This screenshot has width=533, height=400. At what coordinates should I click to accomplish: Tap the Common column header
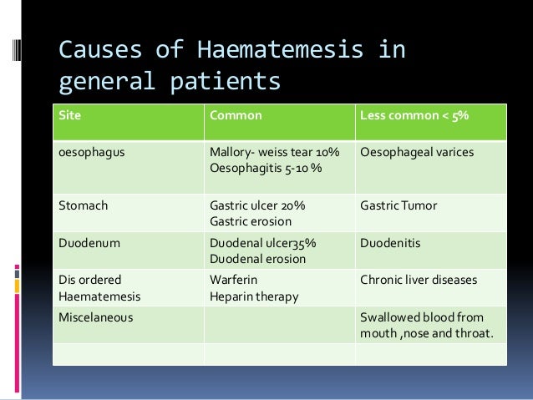tap(236, 114)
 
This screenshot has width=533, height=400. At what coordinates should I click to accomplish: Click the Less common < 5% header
tap(414, 114)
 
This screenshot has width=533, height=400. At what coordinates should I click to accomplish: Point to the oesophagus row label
tap(89, 153)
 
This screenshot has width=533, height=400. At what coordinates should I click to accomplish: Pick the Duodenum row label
tap(87, 243)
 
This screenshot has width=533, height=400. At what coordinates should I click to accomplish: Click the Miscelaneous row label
tap(95, 317)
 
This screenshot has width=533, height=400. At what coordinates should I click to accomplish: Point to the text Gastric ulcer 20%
tap(256, 205)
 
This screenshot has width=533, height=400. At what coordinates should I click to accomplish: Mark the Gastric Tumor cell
tap(397, 205)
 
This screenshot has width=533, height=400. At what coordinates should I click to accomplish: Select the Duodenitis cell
tap(390, 243)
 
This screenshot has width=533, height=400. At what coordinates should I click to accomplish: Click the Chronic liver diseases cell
tap(419, 280)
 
